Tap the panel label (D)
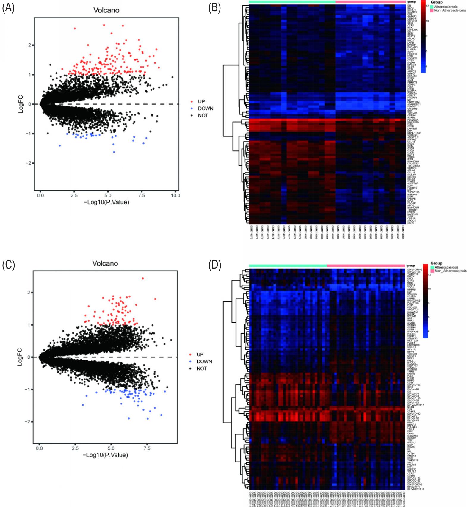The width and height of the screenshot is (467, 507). coord(214,266)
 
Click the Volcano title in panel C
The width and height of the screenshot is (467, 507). coord(105,263)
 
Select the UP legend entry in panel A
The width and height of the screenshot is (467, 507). coord(201,102)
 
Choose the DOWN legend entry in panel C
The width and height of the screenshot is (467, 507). coord(204,362)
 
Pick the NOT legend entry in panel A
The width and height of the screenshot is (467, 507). coord(203,116)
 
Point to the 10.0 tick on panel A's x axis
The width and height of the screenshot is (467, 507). coord(175,196)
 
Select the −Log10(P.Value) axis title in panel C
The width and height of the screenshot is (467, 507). coord(106,455)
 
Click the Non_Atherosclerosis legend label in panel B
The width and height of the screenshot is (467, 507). coord(450,10)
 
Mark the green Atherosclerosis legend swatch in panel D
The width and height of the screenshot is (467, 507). coord(432,267)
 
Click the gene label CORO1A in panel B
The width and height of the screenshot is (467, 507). coord(412,30)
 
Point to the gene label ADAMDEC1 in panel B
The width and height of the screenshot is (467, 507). coord(414,104)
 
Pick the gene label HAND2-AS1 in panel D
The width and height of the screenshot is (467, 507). coord(414,301)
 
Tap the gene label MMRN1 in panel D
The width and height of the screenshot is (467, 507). coord(412,290)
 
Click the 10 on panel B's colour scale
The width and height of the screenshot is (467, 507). coord(427,21)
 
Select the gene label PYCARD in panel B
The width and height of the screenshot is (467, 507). coord(412,47)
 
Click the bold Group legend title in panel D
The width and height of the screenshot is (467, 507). coord(436,263)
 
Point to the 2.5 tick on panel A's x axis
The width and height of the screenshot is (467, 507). coord(74,196)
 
